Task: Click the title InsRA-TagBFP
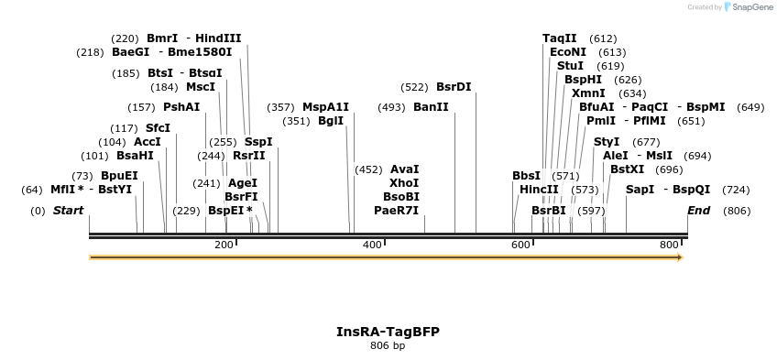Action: pyautogui.click(x=388, y=332)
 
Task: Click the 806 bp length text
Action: pyautogui.click(x=388, y=346)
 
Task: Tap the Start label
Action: pyautogui.click(x=68, y=211)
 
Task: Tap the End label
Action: pyautogui.click(x=699, y=211)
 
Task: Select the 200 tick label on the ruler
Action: pyautogui.click(x=224, y=245)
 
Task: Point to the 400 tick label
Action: pyautogui.click(x=372, y=245)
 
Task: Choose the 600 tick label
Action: pyautogui.click(x=520, y=245)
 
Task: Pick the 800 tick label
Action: pyautogui.click(x=669, y=245)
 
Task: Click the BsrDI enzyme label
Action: pyautogui.click(x=454, y=87)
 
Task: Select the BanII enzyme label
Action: pyautogui.click(x=431, y=107)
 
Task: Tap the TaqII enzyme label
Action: pyautogui.click(x=560, y=38)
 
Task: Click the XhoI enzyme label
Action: pyautogui.click(x=404, y=183)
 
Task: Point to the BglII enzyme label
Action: pyautogui.click(x=331, y=121)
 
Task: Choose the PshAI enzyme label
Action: pyautogui.click(x=181, y=107)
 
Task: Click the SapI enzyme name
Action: pyautogui.click(x=640, y=190)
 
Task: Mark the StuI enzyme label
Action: pyautogui.click(x=570, y=66)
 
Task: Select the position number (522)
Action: pyautogui.click(x=414, y=87)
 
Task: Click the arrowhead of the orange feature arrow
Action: pyautogui.click(x=679, y=258)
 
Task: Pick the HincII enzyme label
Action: pyautogui.click(x=539, y=190)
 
